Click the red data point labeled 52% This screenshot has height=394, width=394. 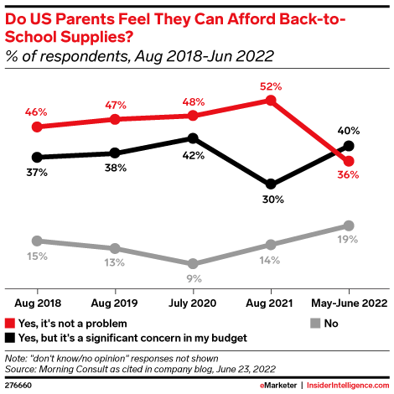(271, 100)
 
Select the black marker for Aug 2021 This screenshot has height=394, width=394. (271, 184)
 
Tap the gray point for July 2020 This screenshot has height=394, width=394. (193, 263)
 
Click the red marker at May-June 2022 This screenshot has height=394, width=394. (349, 161)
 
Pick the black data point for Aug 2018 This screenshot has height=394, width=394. (36, 157)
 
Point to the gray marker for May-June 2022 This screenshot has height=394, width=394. (349, 226)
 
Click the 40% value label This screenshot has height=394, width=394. (349, 130)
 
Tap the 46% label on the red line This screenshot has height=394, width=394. (36, 110)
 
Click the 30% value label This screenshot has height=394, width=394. (271, 200)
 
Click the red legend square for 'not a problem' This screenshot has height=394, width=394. (11, 323)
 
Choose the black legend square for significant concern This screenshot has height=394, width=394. (11, 337)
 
